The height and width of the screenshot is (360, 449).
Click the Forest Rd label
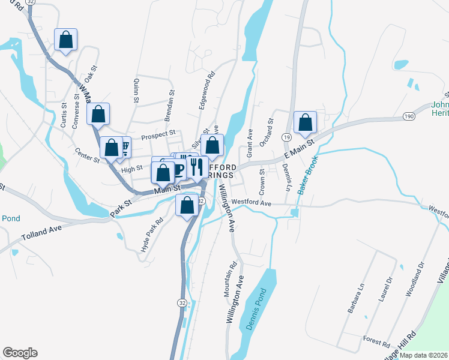[376, 342]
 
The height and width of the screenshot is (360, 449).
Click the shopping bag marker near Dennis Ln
[305, 122]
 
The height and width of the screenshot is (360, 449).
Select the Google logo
[20, 353]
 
